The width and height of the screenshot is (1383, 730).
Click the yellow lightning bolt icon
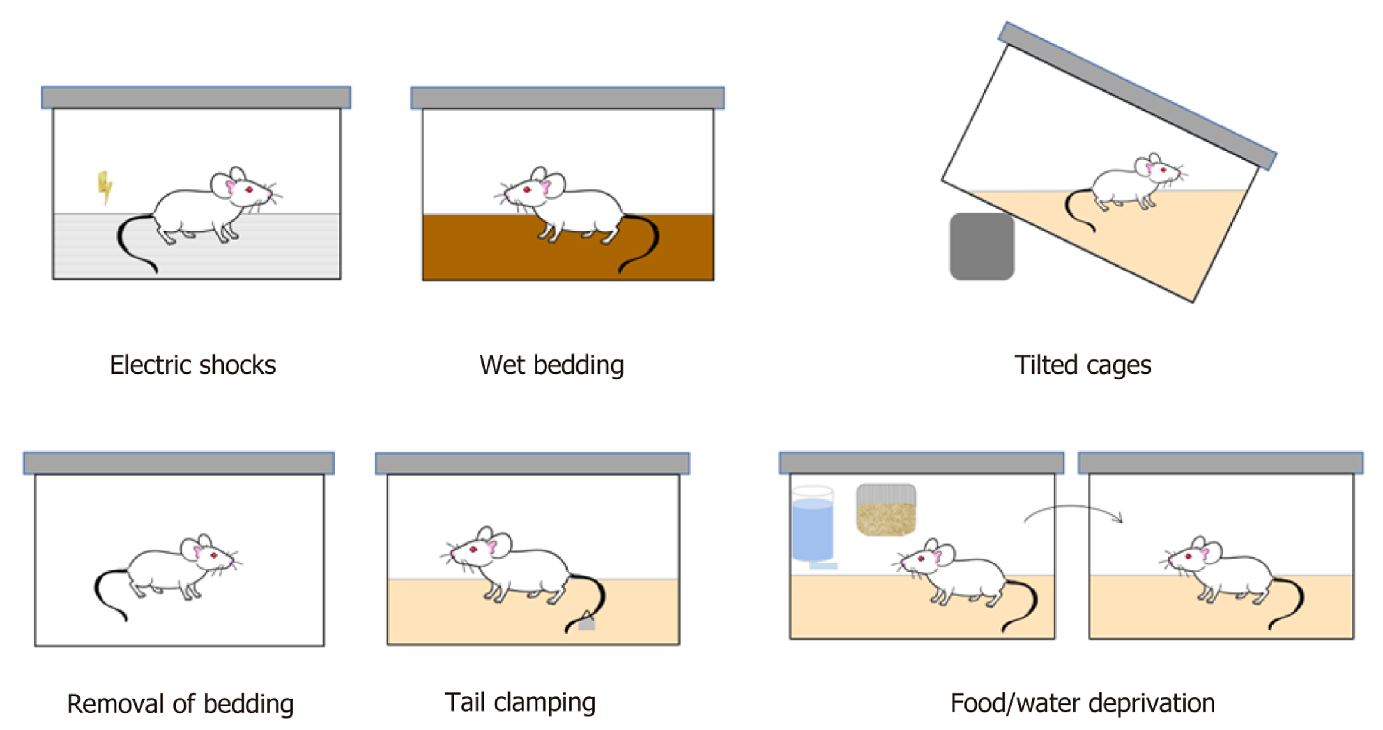pos(105,187)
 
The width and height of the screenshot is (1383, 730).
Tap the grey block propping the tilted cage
pos(982,246)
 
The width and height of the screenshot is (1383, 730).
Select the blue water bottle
pos(812,526)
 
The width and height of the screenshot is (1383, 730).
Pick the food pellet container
pos(886,510)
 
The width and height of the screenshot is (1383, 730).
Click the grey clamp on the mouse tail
pos(587,621)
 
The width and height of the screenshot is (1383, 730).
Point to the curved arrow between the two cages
pos(1073,512)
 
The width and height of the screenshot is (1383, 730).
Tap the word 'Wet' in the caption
pos(503,365)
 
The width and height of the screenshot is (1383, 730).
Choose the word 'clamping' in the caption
pos(545,703)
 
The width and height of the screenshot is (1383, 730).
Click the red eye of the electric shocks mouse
pos(250,189)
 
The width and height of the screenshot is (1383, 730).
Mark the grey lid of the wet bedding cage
pos(568,98)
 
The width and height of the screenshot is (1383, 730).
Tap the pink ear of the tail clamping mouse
pos(491,547)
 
